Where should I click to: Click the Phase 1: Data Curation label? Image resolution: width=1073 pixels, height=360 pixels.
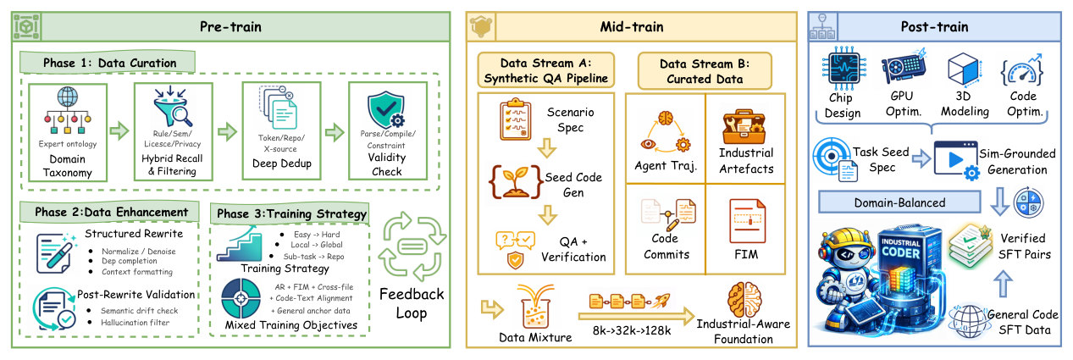coord(110,63)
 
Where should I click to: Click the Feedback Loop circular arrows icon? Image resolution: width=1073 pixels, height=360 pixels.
coord(409,246)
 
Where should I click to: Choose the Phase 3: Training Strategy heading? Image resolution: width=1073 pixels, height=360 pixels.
coord(291,213)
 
